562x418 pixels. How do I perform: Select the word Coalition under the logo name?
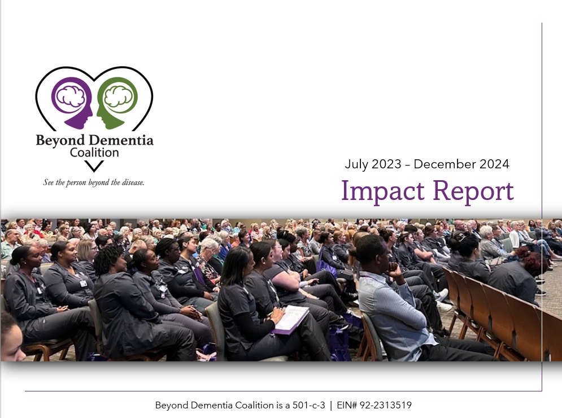[x=94, y=153]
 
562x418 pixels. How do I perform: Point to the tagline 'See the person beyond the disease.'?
[x=94, y=182]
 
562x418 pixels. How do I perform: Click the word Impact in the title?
[x=383, y=191]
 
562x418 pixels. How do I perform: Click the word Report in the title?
[x=473, y=191]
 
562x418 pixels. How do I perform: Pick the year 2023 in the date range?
[x=386, y=164]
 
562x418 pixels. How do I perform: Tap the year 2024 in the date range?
[x=495, y=164]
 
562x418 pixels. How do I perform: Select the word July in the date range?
[x=356, y=164]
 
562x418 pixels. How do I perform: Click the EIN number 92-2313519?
[x=386, y=405]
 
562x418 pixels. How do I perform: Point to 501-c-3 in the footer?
[x=308, y=405]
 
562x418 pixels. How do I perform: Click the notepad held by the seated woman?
[x=291, y=319]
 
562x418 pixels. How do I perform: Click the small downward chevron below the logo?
[x=94, y=166]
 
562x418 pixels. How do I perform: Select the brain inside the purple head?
[x=71, y=96]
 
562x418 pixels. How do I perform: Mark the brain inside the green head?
[x=118, y=96]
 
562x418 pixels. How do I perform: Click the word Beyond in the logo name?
[x=60, y=141]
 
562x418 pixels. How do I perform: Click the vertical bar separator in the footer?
[x=331, y=406]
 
